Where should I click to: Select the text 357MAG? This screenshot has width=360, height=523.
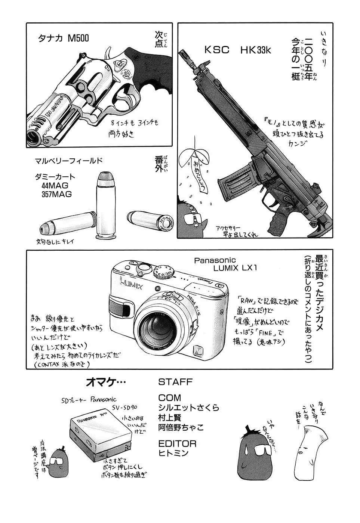pyautogui.click(x=57, y=194)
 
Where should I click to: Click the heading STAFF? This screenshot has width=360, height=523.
pyautogui.click(x=175, y=382)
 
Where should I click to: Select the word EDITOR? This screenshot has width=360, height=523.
pyautogui.click(x=177, y=443)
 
